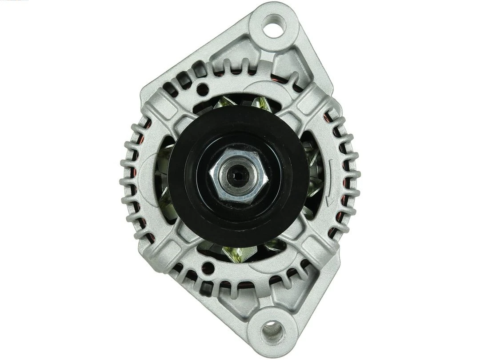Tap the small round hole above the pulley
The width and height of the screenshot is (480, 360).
point(203,88)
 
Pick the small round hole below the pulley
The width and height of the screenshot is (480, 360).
point(207,268)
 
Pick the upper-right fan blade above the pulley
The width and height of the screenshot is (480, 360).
point(262,104)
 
